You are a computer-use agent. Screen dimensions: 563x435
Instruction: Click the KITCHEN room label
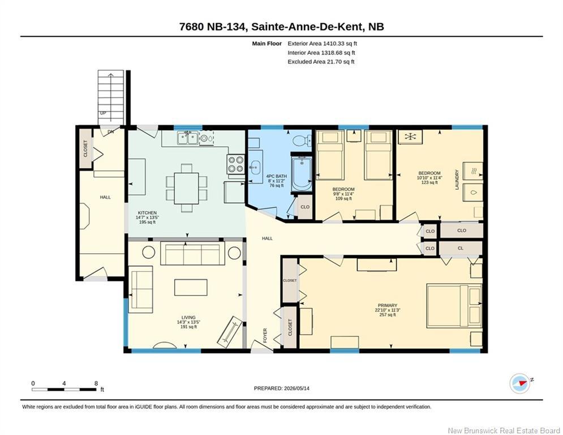click(147, 213)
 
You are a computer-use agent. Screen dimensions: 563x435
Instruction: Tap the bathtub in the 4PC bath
click(302, 174)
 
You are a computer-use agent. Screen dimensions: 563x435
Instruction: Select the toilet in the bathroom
click(302, 140)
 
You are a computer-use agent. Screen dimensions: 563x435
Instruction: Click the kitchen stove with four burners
click(235, 164)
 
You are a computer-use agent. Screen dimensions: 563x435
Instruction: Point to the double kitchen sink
click(187, 138)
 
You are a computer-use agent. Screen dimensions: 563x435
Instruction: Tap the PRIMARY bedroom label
click(388, 306)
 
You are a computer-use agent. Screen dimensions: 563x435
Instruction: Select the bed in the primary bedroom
click(454, 306)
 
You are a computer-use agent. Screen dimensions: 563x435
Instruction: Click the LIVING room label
click(188, 317)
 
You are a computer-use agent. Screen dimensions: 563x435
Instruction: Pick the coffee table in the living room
click(191, 287)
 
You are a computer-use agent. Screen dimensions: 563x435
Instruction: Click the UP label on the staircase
click(103, 113)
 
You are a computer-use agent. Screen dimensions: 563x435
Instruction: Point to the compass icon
click(520, 383)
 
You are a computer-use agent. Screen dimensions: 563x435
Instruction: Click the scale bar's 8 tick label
click(96, 383)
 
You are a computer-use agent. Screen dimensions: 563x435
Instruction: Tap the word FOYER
click(265, 335)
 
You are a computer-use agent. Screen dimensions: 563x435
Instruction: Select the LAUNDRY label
click(457, 180)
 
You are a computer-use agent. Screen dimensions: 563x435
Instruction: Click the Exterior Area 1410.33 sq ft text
click(322, 44)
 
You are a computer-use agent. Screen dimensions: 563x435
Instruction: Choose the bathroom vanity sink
click(255, 167)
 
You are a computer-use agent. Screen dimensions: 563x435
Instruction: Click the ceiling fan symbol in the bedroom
click(410, 137)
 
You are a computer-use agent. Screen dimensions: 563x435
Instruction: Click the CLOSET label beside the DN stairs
click(85, 148)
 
